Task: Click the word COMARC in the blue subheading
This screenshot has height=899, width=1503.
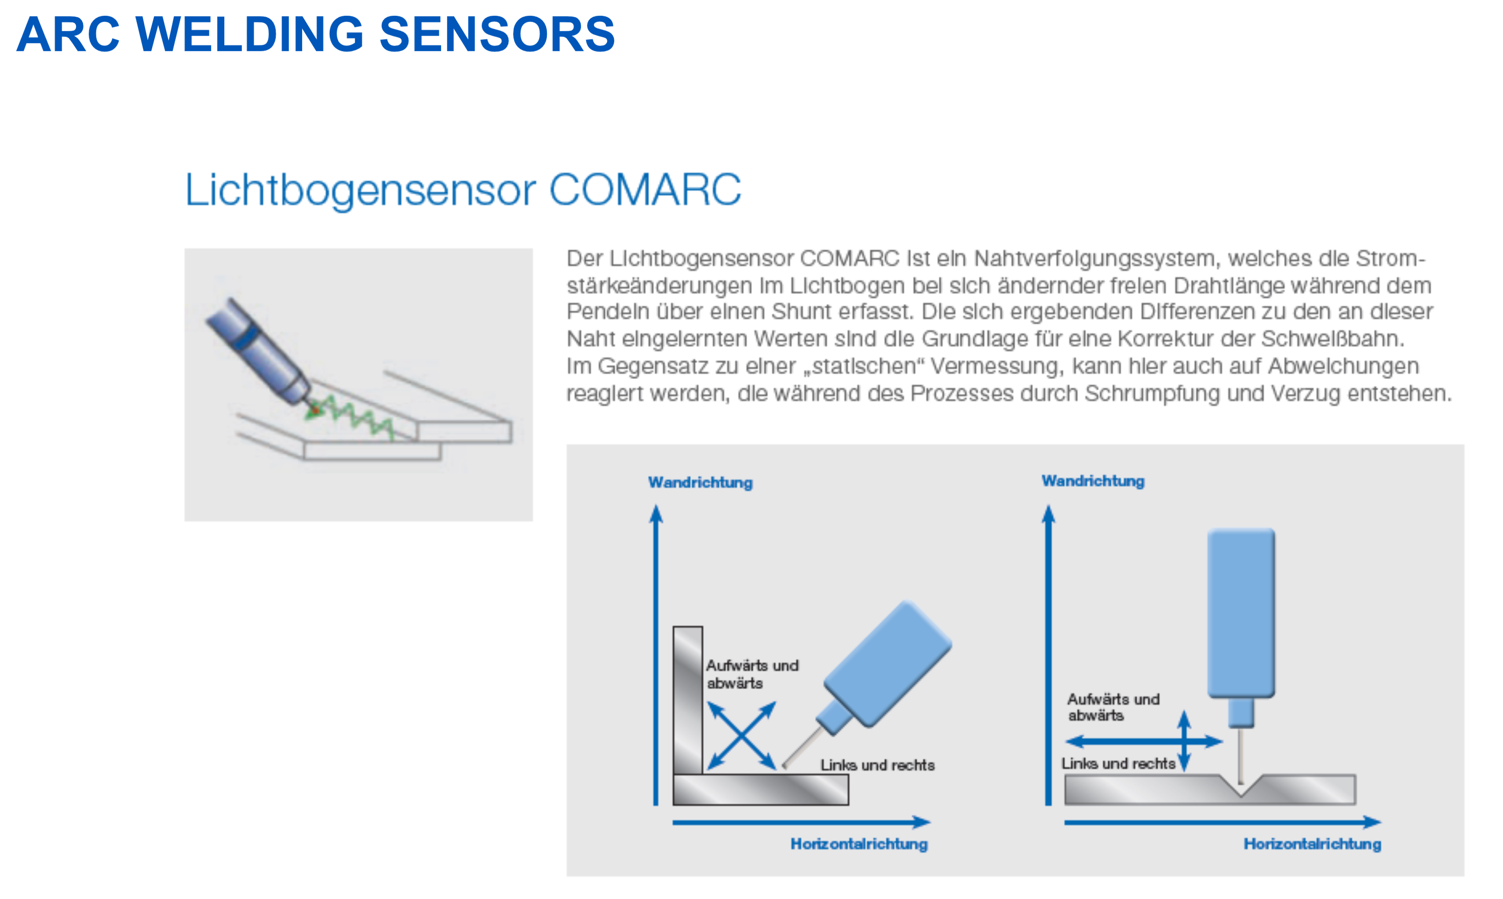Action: tap(645, 190)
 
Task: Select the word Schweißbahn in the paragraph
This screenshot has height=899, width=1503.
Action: tap(1332, 339)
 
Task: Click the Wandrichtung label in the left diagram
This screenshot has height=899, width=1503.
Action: tap(700, 483)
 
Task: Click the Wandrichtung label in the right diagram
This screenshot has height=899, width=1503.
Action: tap(1093, 481)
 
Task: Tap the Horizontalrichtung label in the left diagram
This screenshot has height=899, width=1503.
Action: tap(859, 844)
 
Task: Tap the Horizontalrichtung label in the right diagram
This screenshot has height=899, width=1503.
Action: tap(1312, 844)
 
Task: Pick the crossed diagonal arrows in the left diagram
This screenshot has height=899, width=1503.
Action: tap(742, 735)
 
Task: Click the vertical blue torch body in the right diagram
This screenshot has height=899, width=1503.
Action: tap(1241, 613)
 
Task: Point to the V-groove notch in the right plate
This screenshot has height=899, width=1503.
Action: tap(1241, 785)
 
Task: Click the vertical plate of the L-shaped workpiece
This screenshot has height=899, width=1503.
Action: tap(688, 700)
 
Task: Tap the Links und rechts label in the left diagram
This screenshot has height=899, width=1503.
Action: tap(877, 765)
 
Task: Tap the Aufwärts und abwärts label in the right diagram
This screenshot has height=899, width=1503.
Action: tap(1113, 707)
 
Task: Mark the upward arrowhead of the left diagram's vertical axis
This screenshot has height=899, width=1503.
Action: tap(656, 514)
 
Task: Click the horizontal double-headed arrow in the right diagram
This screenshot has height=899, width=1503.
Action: tap(1144, 741)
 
